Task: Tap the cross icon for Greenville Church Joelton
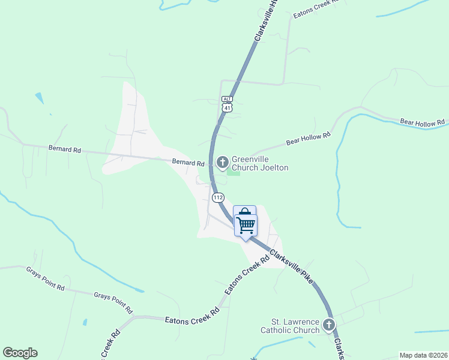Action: [x=222, y=161]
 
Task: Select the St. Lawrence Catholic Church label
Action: [x=290, y=326]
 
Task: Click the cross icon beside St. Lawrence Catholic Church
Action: [x=328, y=325]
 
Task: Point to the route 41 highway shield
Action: [x=226, y=107]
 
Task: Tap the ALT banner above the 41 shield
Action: [x=226, y=99]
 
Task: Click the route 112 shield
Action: [x=218, y=197]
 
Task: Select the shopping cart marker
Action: [x=246, y=226]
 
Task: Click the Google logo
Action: [x=20, y=353]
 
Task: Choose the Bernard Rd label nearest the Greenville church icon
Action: [x=188, y=162]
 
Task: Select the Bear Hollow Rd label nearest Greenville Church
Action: [x=309, y=139]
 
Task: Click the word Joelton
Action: [x=274, y=167]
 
